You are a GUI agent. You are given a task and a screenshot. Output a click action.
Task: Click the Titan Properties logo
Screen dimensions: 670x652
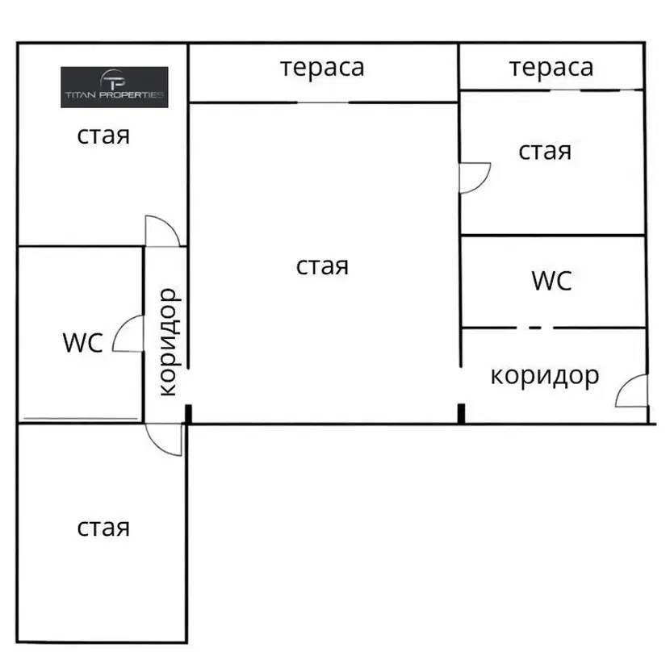(x=114, y=87)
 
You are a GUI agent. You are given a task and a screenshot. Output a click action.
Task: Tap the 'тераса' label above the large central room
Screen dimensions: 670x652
(x=322, y=68)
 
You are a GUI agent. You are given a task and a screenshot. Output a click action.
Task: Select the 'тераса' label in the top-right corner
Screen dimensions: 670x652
(x=551, y=68)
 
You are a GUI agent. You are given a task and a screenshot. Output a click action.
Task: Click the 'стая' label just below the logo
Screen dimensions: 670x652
(x=103, y=136)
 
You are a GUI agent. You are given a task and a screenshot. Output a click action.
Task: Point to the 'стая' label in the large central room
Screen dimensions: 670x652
(x=322, y=266)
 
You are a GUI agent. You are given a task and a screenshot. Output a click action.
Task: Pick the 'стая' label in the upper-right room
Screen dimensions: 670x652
(x=545, y=151)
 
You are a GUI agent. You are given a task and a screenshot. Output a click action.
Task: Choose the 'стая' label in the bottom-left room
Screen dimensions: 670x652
(x=103, y=528)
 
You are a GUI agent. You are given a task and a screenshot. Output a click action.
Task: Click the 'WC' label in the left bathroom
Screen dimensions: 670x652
(x=83, y=342)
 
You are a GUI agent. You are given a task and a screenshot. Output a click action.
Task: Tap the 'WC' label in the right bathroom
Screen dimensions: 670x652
(x=551, y=281)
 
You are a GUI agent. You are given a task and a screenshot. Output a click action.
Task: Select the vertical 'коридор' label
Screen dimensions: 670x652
(x=168, y=342)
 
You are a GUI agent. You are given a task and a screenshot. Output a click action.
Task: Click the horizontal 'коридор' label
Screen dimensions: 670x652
(x=544, y=376)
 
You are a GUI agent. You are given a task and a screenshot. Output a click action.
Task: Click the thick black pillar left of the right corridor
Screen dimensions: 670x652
(x=462, y=414)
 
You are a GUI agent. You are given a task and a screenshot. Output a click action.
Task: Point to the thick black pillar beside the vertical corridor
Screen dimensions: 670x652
(x=188, y=414)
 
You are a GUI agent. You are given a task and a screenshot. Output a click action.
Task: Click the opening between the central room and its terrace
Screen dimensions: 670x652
(x=323, y=102)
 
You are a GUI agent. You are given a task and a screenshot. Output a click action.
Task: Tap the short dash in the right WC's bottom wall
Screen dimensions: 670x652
(x=535, y=328)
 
